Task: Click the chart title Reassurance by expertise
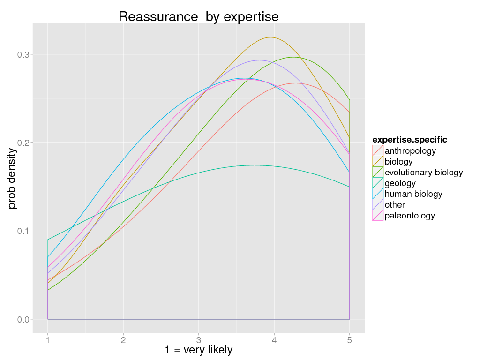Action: pos(198,17)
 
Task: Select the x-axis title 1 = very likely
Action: pos(198,350)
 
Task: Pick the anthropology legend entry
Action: pos(410,151)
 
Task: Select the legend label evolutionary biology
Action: pos(423,172)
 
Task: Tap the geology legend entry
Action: pos(400,183)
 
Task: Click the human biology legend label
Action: pos(413,194)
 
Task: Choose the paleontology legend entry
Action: pos(410,216)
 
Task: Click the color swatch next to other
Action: pos(378,205)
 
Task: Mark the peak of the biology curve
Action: pos(270,37)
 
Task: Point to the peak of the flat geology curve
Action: pos(254,165)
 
